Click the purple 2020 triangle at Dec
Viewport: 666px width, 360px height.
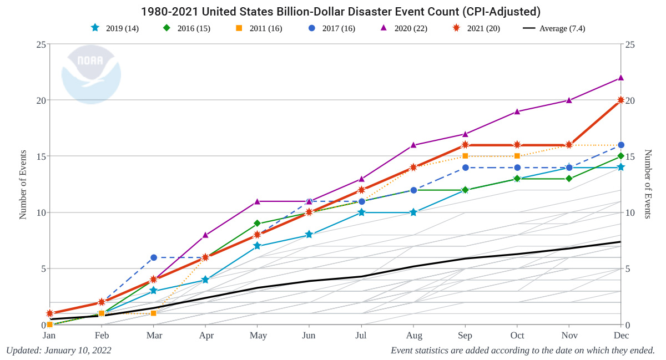(x=621, y=78)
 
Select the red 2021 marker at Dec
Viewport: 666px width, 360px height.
(x=621, y=100)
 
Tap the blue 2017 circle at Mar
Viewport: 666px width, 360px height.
(x=154, y=257)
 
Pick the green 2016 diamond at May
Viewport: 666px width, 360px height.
(x=258, y=224)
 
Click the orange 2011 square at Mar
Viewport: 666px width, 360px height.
(x=154, y=313)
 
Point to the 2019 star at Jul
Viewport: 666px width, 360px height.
(x=361, y=212)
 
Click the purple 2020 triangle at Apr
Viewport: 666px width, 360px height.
(x=205, y=235)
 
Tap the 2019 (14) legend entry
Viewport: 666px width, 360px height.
(x=114, y=28)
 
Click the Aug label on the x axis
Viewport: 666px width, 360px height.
(x=413, y=336)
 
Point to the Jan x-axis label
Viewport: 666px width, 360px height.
(x=49, y=336)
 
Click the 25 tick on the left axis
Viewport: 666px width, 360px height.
(x=40, y=44)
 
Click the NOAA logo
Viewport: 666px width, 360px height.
(x=90, y=74)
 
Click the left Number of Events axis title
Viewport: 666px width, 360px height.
(x=23, y=184)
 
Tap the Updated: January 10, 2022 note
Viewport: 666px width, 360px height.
(x=59, y=351)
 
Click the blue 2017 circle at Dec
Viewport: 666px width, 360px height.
(x=621, y=145)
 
